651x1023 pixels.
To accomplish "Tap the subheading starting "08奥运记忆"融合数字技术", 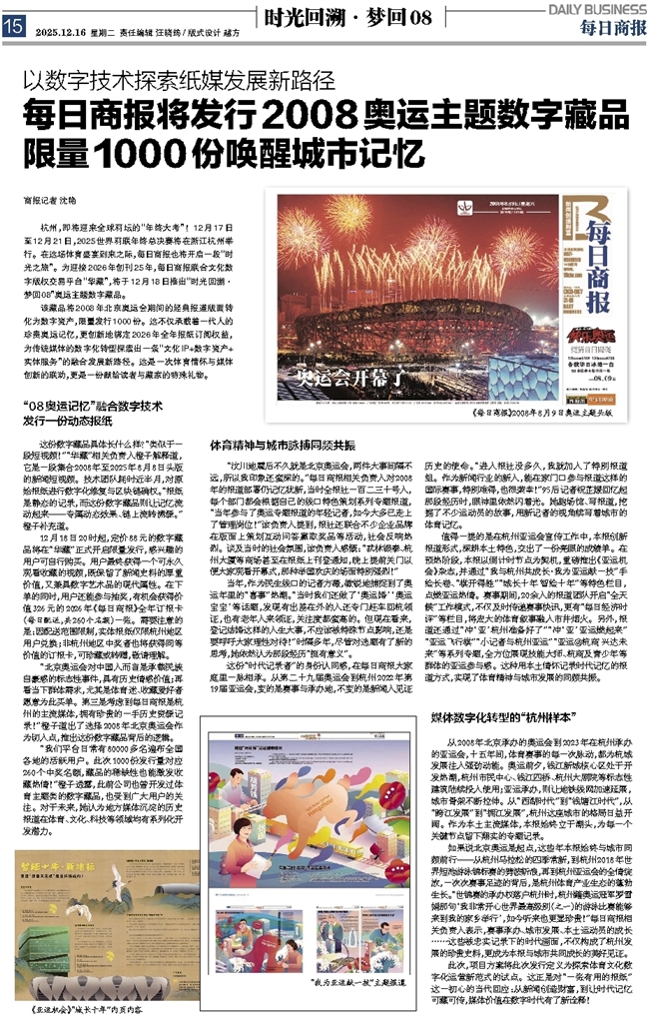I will click(x=111, y=405).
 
